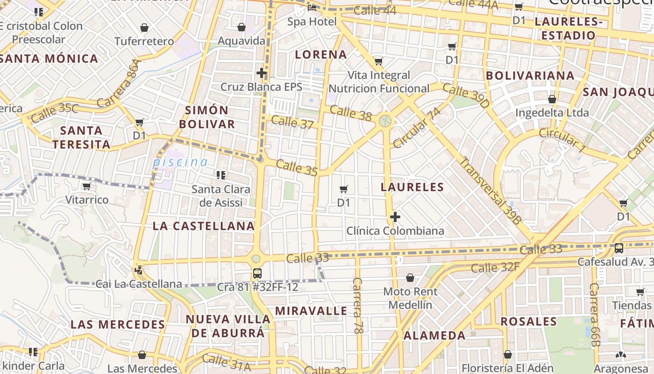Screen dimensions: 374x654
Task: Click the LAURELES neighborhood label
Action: (x=412, y=187)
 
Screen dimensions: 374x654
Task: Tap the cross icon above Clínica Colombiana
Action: (x=395, y=217)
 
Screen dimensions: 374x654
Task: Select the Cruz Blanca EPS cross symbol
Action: (x=262, y=73)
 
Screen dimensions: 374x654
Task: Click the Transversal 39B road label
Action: (x=490, y=190)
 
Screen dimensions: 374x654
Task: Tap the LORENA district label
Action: (x=321, y=55)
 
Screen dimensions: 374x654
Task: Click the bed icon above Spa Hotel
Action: (x=312, y=7)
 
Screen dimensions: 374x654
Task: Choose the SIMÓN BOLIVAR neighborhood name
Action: (x=207, y=117)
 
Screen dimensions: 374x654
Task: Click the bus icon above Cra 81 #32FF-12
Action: (x=257, y=273)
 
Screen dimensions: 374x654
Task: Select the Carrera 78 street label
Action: (x=358, y=306)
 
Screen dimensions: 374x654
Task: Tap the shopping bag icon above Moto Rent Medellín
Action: (x=410, y=278)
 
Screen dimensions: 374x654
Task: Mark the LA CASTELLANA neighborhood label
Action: (x=204, y=226)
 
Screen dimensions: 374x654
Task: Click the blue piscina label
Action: (x=180, y=162)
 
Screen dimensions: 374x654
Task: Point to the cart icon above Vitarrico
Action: (x=86, y=187)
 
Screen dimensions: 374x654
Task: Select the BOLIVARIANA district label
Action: (x=530, y=76)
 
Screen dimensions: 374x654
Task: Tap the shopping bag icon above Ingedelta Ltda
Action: (x=552, y=100)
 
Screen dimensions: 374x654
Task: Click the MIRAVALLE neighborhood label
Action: (x=311, y=311)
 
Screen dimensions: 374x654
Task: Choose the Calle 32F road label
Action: (x=495, y=268)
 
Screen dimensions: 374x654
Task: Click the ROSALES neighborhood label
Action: (x=529, y=322)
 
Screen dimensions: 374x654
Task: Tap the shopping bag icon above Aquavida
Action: (x=242, y=28)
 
